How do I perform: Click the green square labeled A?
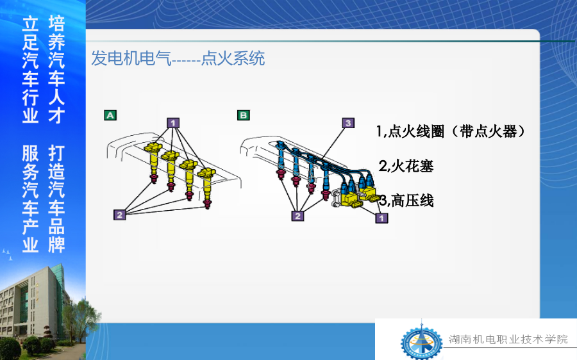tap(110, 115)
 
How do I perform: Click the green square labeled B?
tap(243, 115)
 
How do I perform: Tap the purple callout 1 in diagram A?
tap(173, 123)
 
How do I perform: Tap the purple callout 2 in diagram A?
tap(120, 215)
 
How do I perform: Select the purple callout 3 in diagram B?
tap(348, 123)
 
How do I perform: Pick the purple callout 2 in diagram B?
tap(297, 216)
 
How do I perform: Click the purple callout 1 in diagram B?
tap(381, 218)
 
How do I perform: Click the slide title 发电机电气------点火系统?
tap(178, 59)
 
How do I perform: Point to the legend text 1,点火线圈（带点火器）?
tap(451, 131)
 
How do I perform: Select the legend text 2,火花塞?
tap(406, 166)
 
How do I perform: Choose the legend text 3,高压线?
tap(406, 200)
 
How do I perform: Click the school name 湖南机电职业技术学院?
tap(508, 339)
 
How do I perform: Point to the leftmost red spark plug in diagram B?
tap(281, 174)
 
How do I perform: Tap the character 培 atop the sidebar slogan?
tap(56, 24)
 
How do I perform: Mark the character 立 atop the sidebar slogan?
tap(31, 24)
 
